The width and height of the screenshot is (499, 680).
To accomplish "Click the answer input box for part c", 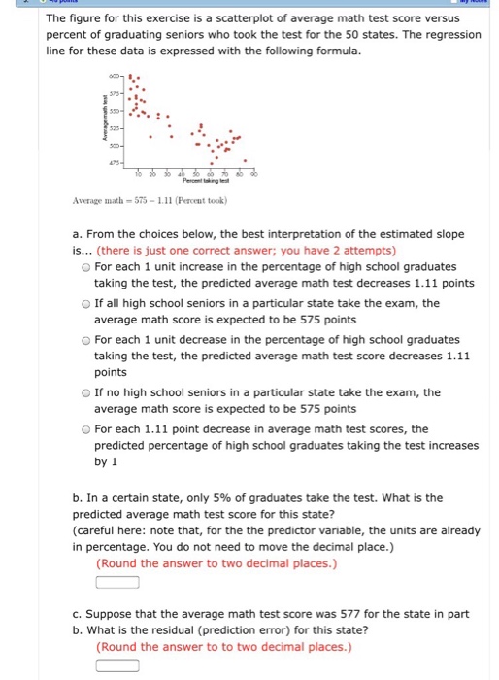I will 116,665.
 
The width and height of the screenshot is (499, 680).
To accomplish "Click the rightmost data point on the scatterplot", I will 244,160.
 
